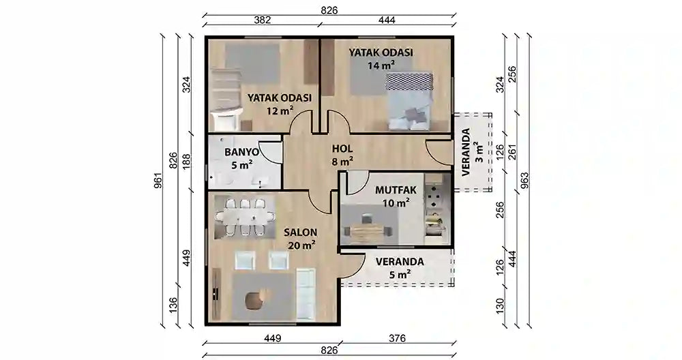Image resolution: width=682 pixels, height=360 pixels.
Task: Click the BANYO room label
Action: point(241,151)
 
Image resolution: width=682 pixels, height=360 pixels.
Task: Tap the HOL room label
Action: point(342,149)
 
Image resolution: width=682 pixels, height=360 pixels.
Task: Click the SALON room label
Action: point(299,232)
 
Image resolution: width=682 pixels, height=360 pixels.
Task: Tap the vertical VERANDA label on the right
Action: point(466,152)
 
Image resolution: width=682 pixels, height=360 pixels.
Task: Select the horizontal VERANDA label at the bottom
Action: point(400,261)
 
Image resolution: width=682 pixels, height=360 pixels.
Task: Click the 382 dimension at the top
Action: point(263,20)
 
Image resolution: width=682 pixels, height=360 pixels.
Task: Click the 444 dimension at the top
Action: point(386,20)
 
